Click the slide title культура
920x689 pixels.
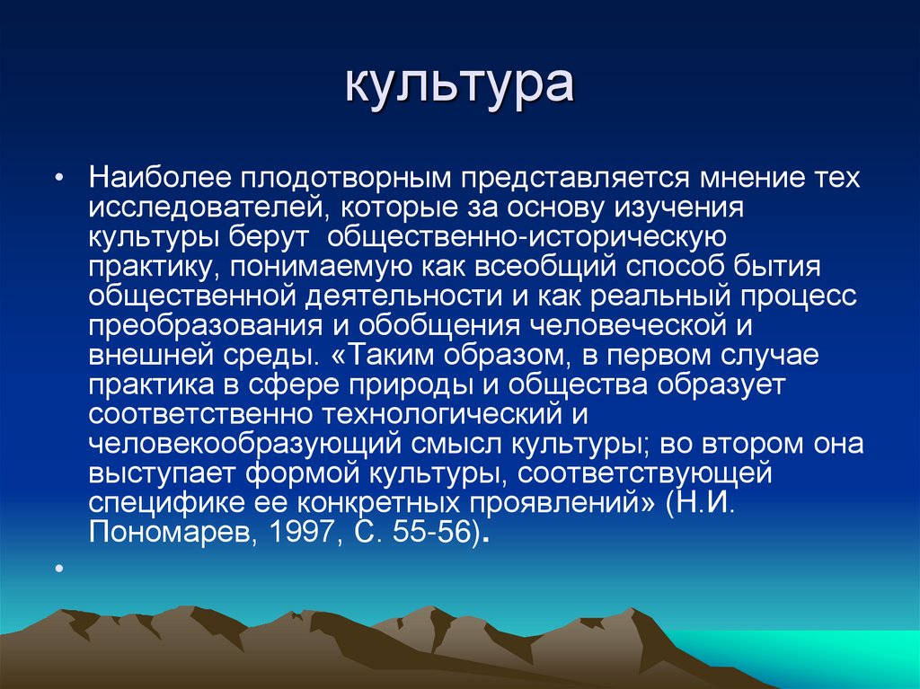[459, 86]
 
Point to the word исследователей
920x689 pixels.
[199, 208]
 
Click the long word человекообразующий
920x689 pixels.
[247, 443]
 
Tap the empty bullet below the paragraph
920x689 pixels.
[57, 569]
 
